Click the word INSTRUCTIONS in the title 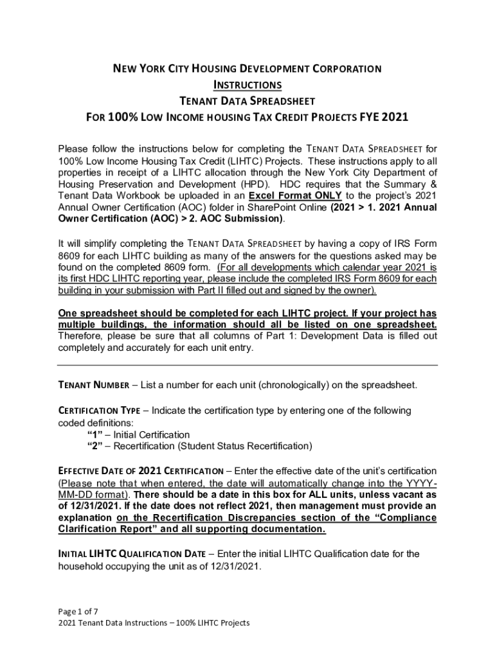click(x=248, y=84)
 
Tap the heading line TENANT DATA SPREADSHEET click(x=248, y=101)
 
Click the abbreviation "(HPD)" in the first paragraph click(x=238, y=184)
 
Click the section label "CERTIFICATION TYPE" click(x=102, y=410)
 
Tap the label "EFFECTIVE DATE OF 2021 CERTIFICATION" click(x=141, y=471)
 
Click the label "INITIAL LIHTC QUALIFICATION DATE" click(x=131, y=553)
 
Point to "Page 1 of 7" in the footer click(x=78, y=611)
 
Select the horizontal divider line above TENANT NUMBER click(x=248, y=365)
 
